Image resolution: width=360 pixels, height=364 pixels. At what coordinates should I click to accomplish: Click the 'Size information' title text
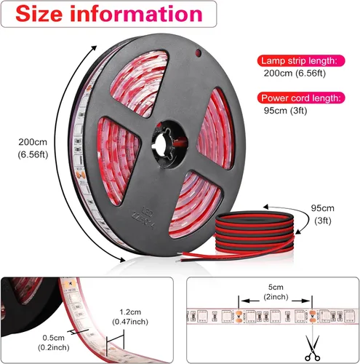109,14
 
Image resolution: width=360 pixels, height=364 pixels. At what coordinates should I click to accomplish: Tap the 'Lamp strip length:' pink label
301,60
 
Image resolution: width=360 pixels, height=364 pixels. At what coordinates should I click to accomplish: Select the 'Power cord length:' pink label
301,98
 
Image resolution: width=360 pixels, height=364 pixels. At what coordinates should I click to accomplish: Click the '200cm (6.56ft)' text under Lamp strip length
295,74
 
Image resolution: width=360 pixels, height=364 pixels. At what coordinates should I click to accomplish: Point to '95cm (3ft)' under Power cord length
285,111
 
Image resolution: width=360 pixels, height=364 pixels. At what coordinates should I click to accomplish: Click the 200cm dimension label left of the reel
33,149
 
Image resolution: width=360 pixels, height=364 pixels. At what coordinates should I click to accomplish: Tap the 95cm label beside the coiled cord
323,214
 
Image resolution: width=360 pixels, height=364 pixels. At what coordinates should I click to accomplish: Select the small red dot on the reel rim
199,53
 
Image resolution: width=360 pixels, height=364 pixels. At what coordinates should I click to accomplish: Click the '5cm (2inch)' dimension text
276,292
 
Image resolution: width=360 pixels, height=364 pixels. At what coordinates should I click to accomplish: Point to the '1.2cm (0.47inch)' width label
130,317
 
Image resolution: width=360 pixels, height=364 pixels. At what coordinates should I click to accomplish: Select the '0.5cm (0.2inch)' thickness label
54,342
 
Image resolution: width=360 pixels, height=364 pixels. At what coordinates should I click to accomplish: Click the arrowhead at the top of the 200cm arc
94,48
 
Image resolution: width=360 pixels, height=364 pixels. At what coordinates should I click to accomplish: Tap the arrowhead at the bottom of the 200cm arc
122,259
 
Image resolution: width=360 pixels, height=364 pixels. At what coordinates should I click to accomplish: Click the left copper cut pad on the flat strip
239,316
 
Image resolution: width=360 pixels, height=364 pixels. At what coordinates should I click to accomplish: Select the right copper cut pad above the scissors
312,316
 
